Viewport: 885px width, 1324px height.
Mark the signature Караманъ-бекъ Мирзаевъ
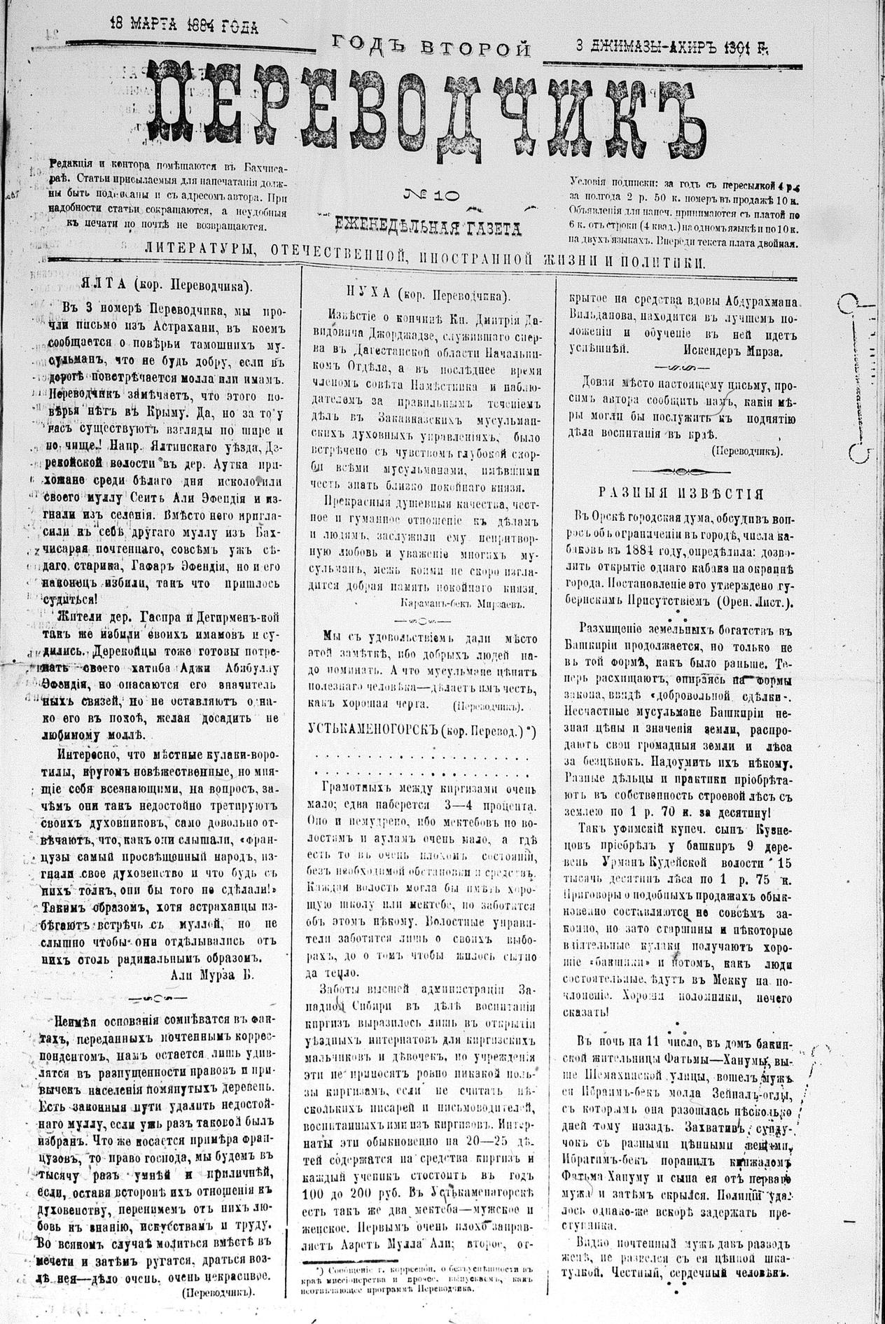click(x=461, y=602)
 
